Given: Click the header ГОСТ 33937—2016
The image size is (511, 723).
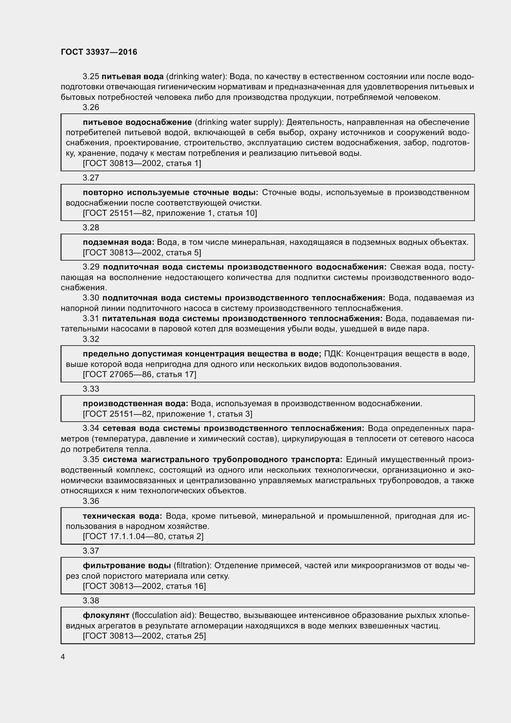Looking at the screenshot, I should pyautogui.click(x=99, y=52).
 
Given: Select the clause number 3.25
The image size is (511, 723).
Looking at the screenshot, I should pyautogui.click(x=91, y=77).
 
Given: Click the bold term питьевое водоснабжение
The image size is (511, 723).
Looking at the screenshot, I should pyautogui.click(x=137, y=122).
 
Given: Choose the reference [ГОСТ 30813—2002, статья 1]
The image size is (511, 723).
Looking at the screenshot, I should pyautogui.click(x=142, y=164).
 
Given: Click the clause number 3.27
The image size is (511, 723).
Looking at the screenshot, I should pyautogui.click(x=91, y=178).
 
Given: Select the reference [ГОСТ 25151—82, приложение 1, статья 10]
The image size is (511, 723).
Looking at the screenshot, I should pyautogui.click(x=170, y=213).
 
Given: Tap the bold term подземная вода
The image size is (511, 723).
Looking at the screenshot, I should pyautogui.click(x=119, y=242).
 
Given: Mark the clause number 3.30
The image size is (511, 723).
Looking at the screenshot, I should pyautogui.click(x=91, y=298).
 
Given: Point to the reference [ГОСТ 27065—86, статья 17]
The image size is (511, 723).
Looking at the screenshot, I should pyautogui.click(x=139, y=374).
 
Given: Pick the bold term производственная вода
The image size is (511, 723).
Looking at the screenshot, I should pyautogui.click(x=136, y=404).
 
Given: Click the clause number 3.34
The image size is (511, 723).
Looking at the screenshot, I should pyautogui.click(x=91, y=428).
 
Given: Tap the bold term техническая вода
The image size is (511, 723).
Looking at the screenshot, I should pyautogui.click(x=122, y=516).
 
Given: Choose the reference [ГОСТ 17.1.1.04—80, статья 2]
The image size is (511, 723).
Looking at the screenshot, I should pyautogui.click(x=143, y=537).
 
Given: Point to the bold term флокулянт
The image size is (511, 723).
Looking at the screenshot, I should pyautogui.click(x=106, y=615).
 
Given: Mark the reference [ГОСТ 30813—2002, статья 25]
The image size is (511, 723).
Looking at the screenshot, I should pyautogui.click(x=144, y=636).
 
